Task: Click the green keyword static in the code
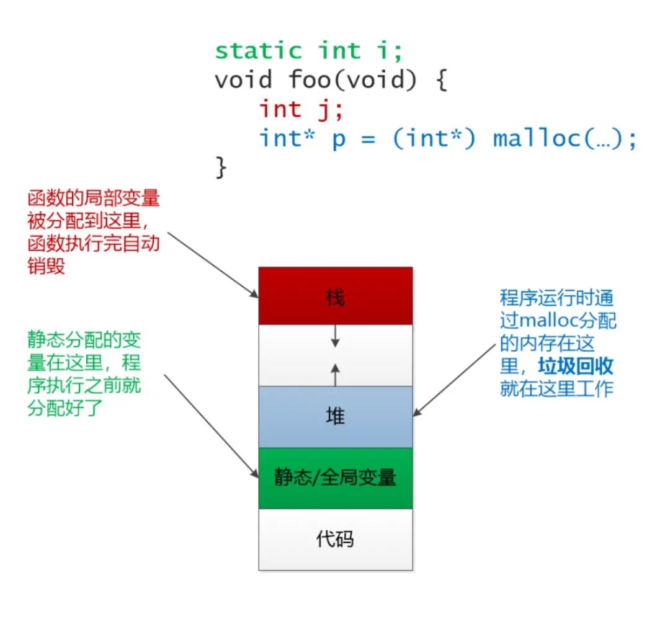(x=258, y=50)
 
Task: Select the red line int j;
(x=301, y=110)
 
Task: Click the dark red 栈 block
(x=335, y=297)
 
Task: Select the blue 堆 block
(x=335, y=417)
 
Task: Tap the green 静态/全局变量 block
(x=335, y=478)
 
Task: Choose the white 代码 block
(x=335, y=539)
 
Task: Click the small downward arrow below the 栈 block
(x=335, y=336)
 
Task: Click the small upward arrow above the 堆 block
(x=335, y=374)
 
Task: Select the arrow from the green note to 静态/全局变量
(x=211, y=425)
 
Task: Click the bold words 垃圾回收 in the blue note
(x=575, y=366)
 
